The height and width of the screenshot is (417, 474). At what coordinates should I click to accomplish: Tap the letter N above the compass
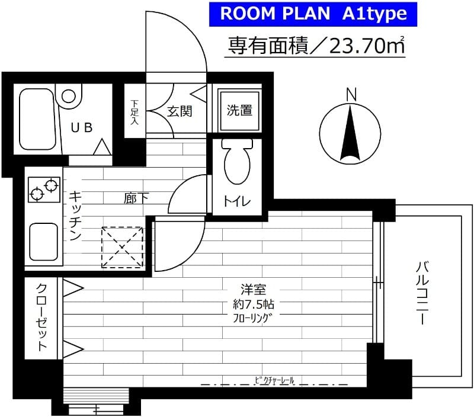[351, 94]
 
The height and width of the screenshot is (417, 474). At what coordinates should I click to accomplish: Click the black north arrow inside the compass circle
[350, 133]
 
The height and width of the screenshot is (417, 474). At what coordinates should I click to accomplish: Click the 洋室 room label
[253, 290]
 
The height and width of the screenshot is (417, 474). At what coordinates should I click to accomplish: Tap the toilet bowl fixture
[238, 163]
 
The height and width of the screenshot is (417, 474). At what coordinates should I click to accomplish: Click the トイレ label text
[237, 201]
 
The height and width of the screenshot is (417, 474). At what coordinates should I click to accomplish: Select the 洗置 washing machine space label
[239, 110]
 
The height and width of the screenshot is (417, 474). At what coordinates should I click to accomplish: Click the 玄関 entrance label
[178, 111]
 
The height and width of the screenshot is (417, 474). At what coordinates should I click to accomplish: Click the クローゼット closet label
[43, 318]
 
